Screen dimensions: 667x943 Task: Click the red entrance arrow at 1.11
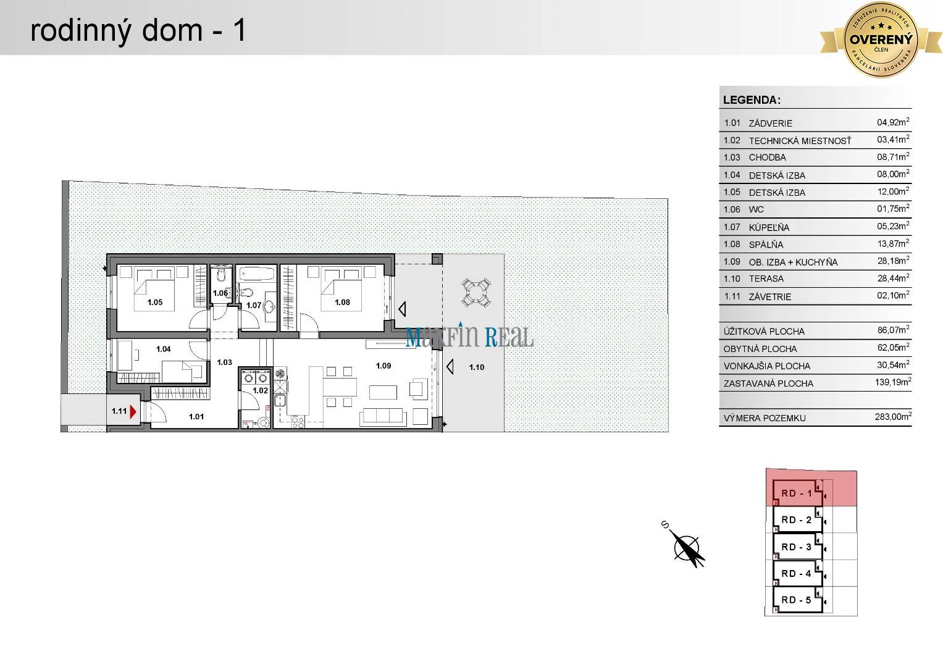(133, 411)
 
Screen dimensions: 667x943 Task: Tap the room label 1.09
(383, 366)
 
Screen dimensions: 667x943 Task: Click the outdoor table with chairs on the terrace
(477, 292)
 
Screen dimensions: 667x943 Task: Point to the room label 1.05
(154, 302)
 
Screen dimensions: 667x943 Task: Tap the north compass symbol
(687, 547)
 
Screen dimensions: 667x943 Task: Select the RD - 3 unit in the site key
(797, 547)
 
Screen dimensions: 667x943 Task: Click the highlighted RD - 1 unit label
(797, 493)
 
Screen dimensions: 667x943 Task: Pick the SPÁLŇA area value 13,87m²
(893, 244)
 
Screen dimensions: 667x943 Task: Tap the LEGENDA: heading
(752, 100)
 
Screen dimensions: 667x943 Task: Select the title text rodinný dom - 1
(138, 30)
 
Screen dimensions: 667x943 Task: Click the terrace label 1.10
(476, 367)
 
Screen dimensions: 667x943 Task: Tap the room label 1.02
(260, 390)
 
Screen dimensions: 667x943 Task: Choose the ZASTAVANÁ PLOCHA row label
(768, 384)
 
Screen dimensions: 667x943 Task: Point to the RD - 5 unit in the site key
(797, 600)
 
